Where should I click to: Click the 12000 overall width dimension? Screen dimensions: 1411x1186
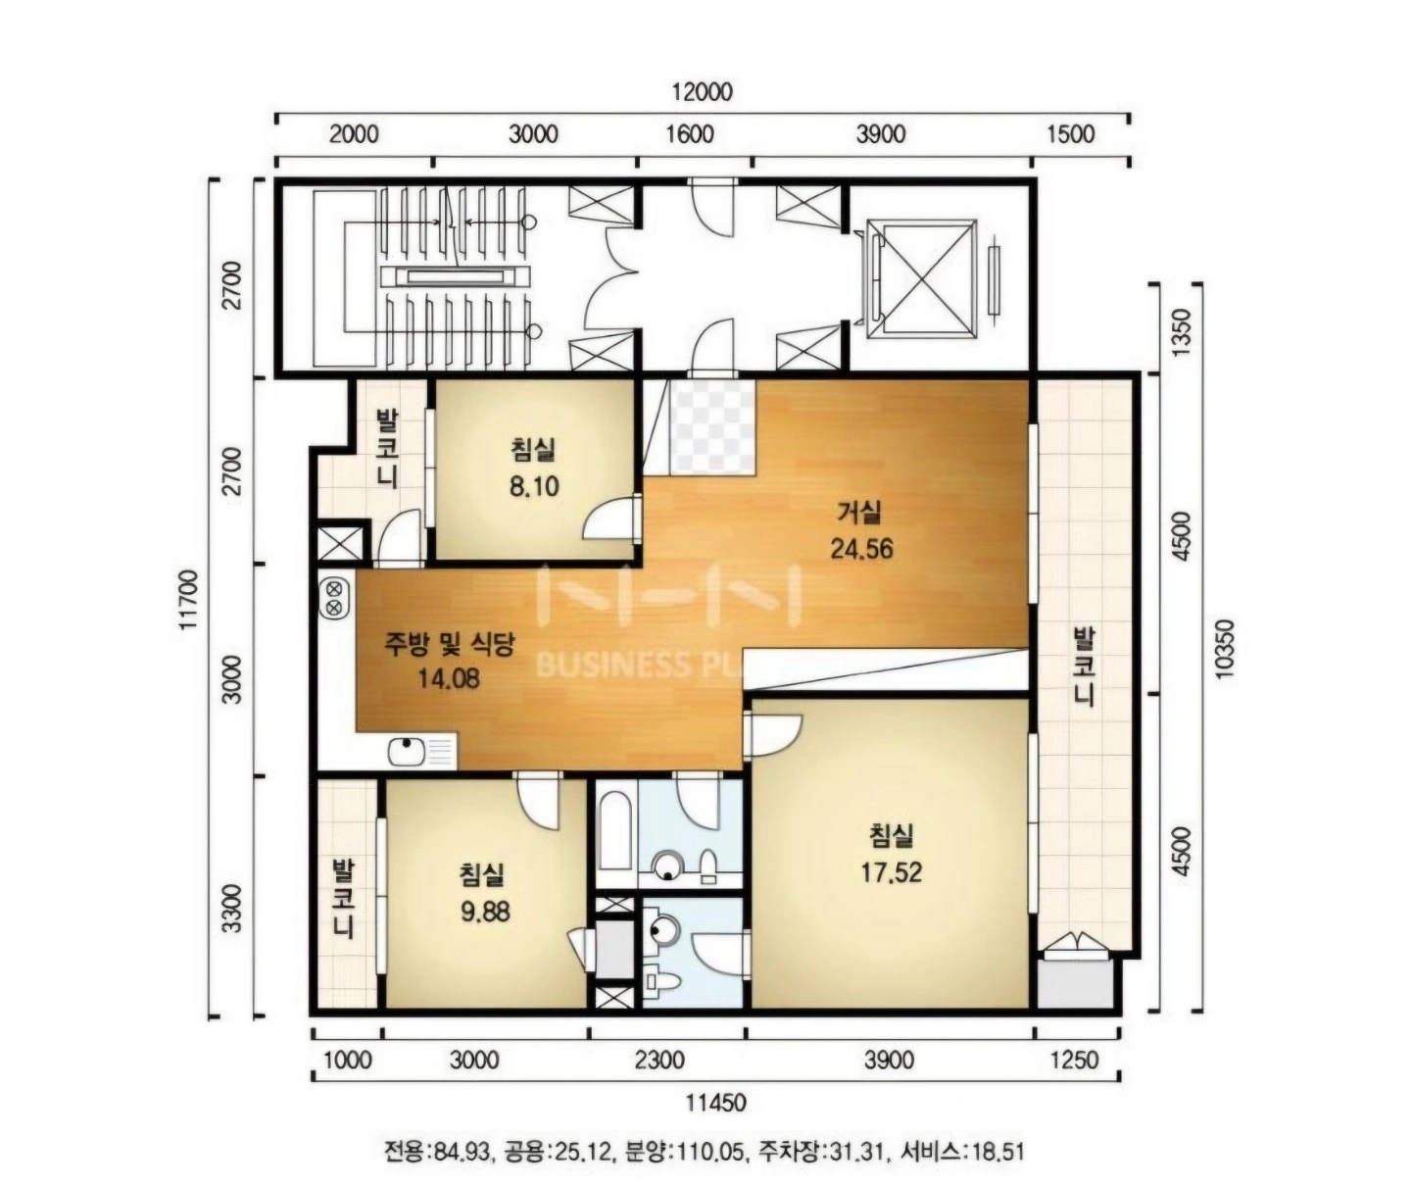(x=703, y=92)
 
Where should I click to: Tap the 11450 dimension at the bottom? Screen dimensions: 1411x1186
(x=716, y=1104)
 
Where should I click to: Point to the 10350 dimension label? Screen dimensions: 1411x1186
(x=1223, y=649)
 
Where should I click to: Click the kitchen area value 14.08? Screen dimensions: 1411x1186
(x=449, y=678)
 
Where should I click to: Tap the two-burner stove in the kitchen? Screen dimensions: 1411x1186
(x=333, y=598)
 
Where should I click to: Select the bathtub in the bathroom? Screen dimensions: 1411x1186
(x=615, y=832)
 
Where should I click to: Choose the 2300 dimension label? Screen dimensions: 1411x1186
(x=660, y=1060)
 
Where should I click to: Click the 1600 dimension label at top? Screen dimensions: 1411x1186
(x=690, y=134)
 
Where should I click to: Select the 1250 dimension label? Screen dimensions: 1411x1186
(x=1075, y=1060)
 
